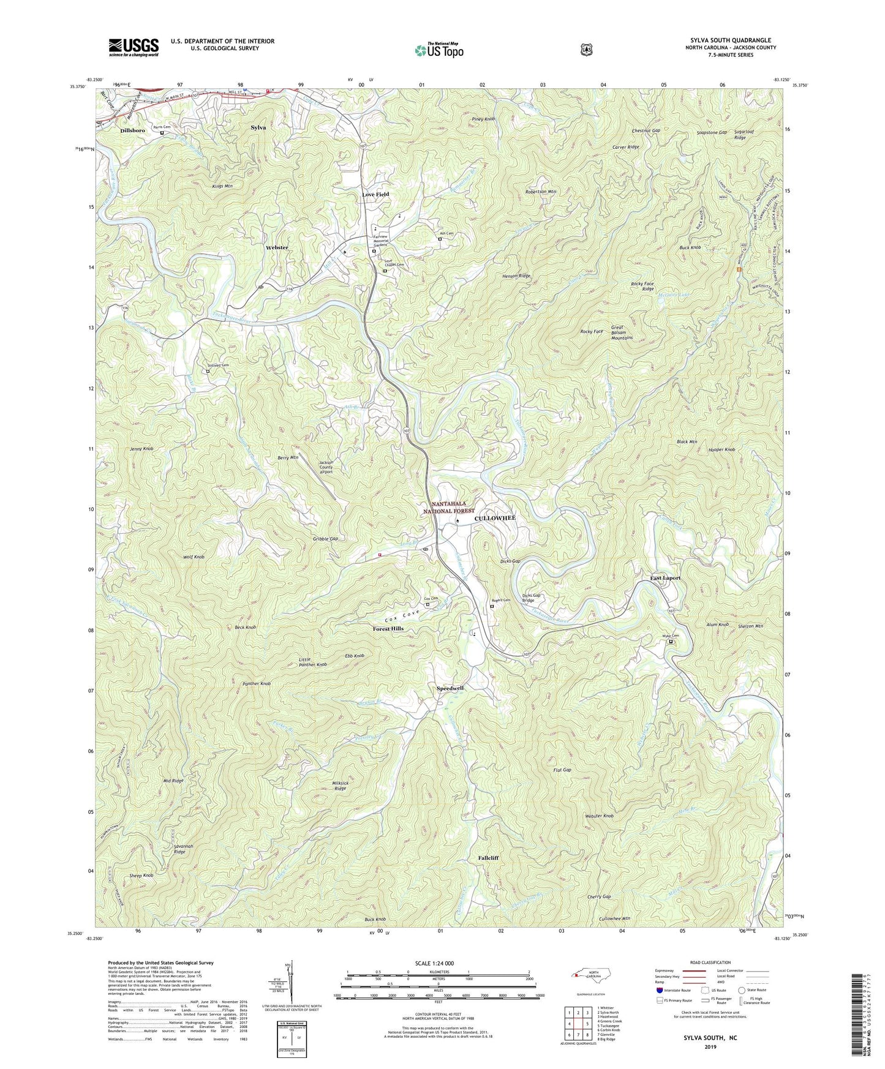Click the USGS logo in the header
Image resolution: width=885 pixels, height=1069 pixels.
pyautogui.click(x=134, y=47)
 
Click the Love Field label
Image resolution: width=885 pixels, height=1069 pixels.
pyautogui.click(x=375, y=194)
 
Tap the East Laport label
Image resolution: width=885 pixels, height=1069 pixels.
pyautogui.click(x=665, y=577)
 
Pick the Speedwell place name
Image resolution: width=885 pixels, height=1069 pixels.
pyautogui.click(x=450, y=688)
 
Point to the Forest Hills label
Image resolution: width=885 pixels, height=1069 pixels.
pyautogui.click(x=388, y=629)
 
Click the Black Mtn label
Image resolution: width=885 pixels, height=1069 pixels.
pyautogui.click(x=687, y=441)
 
